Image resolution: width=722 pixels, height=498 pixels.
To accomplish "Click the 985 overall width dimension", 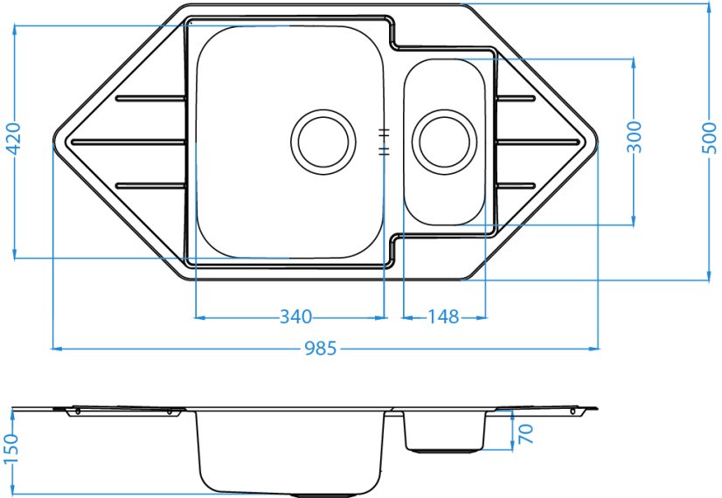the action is click(x=321, y=349).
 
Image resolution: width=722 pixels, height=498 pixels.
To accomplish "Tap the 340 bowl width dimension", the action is click(x=295, y=316).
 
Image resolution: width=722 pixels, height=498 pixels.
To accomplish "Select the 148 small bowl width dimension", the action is click(x=443, y=316).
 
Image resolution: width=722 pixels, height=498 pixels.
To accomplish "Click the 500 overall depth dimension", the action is click(x=711, y=139).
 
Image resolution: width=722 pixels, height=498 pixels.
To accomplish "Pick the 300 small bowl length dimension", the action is click(x=634, y=137).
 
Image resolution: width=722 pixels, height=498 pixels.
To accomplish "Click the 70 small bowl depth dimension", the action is click(x=526, y=434).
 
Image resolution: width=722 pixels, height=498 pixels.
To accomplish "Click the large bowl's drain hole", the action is click(x=323, y=142).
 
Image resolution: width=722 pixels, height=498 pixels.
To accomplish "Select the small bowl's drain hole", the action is click(x=444, y=142).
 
